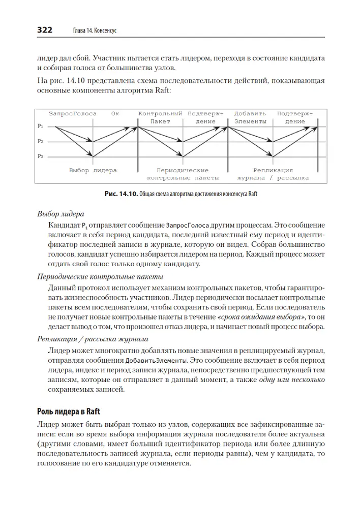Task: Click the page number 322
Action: (x=45, y=30)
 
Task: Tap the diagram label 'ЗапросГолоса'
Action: (x=73, y=114)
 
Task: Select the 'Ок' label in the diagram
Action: (x=115, y=114)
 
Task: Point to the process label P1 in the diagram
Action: (x=41, y=125)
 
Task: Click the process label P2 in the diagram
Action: (x=41, y=141)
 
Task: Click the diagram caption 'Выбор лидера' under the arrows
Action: (x=93, y=171)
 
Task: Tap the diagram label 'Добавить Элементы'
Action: (x=250, y=117)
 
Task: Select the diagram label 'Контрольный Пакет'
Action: (x=160, y=117)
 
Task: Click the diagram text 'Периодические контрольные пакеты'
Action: (x=183, y=174)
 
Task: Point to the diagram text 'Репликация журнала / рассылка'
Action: (x=273, y=174)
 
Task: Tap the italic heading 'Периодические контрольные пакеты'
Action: (x=100, y=277)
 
